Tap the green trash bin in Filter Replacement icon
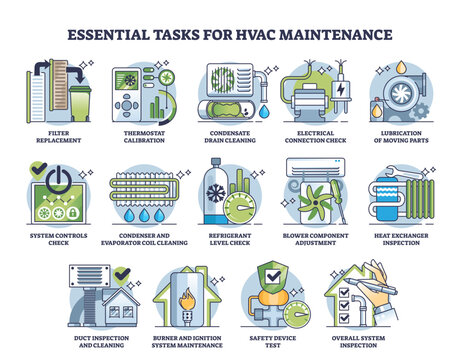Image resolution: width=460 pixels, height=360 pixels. pyautogui.click(x=78, y=100)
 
